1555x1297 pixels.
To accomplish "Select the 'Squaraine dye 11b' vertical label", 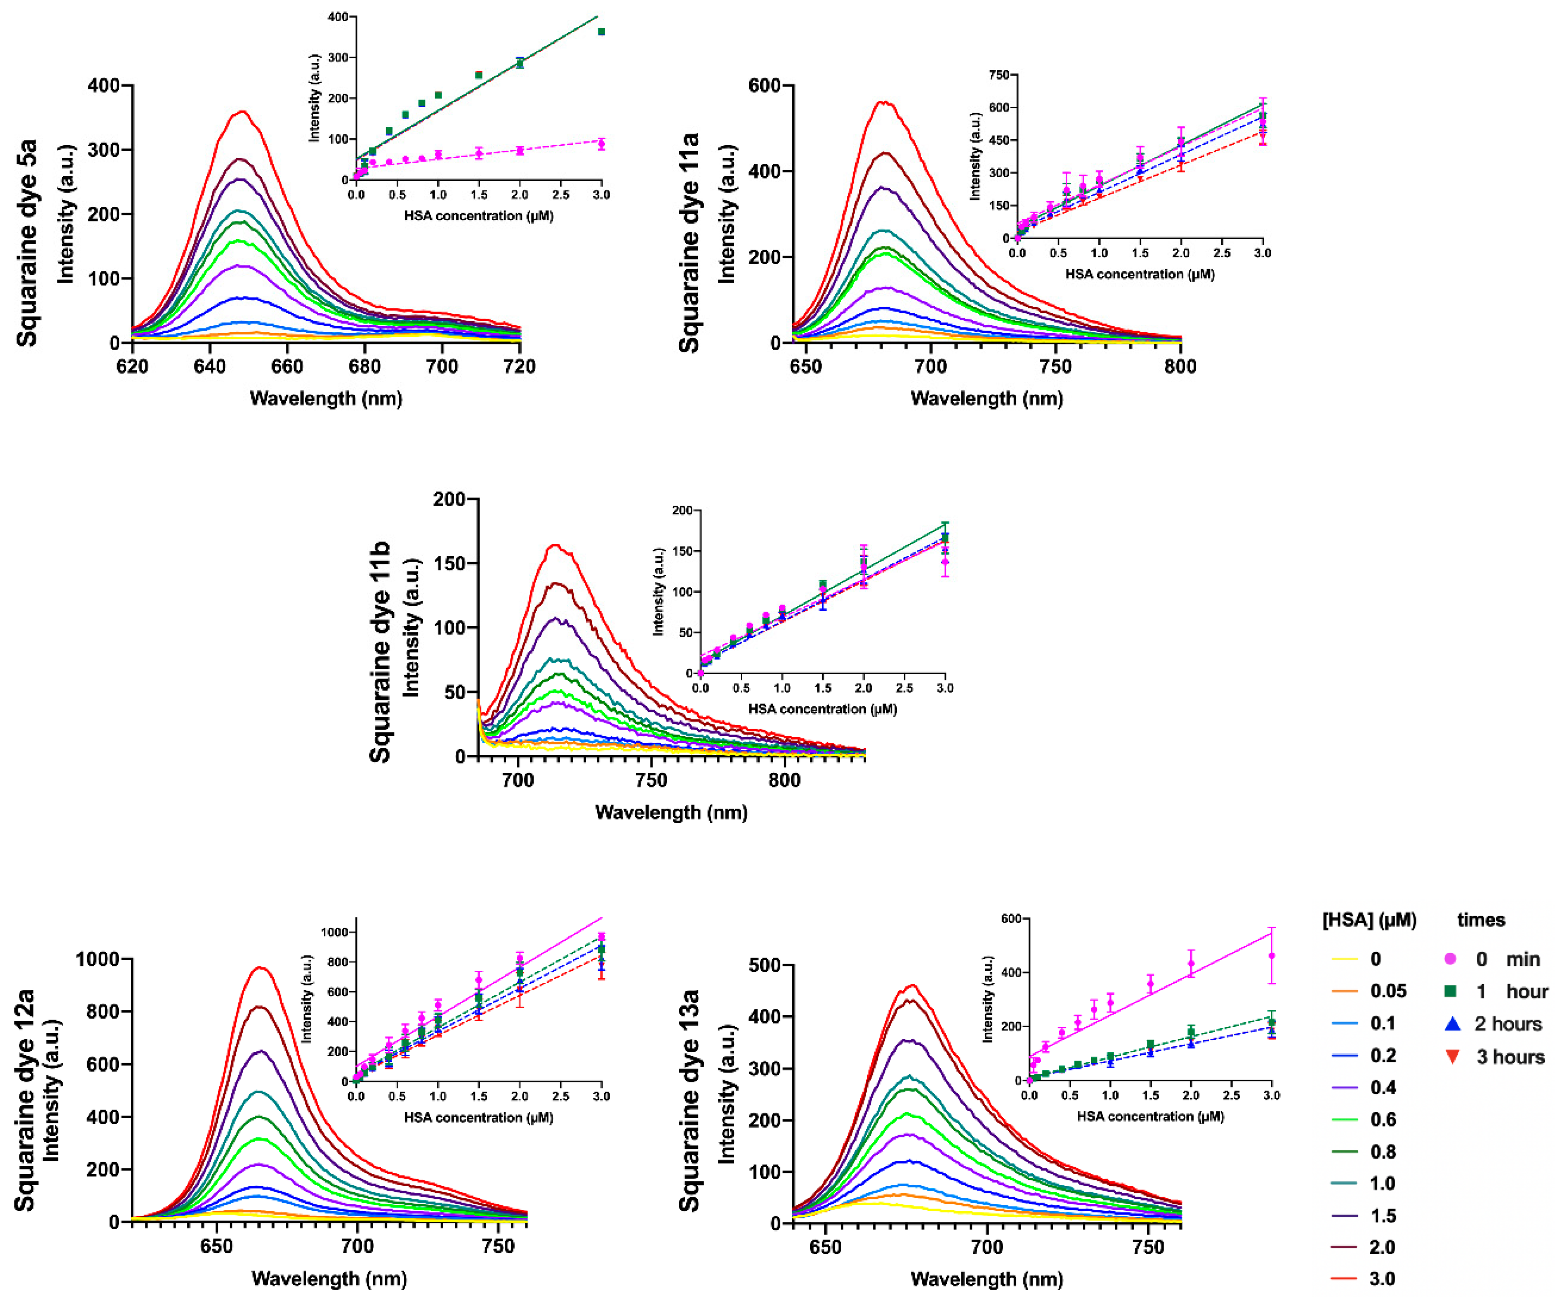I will coord(380,652).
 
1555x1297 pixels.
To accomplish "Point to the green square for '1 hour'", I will coord(1451,991).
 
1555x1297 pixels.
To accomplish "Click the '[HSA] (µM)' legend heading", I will coord(1369,920).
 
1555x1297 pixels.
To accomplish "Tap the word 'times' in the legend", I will coord(1481,920).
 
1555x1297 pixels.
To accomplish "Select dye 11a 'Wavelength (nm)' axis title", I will coord(986,399).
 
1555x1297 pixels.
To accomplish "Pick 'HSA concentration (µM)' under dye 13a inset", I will coord(1150,1116).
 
